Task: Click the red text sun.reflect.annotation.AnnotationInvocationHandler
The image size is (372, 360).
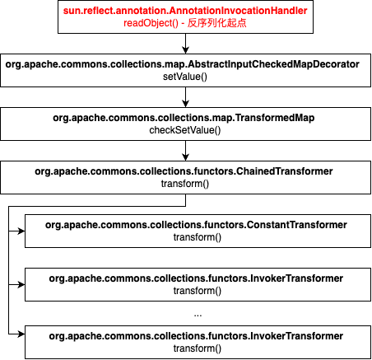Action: pyautogui.click(x=185, y=11)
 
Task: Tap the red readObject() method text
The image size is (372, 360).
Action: pyautogui.click(x=151, y=23)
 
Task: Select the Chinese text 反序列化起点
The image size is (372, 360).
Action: pyautogui.click(x=217, y=23)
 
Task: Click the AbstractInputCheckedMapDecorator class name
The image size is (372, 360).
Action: pyautogui.click(x=182, y=64)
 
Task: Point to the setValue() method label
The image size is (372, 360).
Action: pyautogui.click(x=185, y=77)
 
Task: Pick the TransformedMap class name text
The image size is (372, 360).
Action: pyautogui.click(x=184, y=118)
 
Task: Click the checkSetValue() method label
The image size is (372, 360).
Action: pyautogui.click(x=185, y=130)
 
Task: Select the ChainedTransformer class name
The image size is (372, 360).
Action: pyautogui.click(x=184, y=171)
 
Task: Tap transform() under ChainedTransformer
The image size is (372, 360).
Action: pyautogui.click(x=185, y=184)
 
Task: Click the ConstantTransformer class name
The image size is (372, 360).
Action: pyautogui.click(x=196, y=225)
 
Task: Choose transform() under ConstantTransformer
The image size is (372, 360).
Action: pyautogui.click(x=198, y=237)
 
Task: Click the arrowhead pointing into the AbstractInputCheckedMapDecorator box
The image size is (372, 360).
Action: pyautogui.click(x=186, y=50)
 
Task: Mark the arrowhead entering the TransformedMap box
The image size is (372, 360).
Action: pyautogui.click(x=186, y=104)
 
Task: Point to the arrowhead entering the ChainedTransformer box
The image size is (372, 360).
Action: pyautogui.click(x=186, y=157)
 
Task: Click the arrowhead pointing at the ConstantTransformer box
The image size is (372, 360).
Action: pyautogui.click(x=21, y=231)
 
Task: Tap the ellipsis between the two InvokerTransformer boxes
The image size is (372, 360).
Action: pyautogui.click(x=198, y=316)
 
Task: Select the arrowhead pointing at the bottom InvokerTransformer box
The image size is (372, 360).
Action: pyautogui.click(x=21, y=334)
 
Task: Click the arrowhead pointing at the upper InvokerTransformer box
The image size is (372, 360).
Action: pyautogui.click(x=21, y=284)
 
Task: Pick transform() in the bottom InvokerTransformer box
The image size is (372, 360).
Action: pyautogui.click(x=198, y=348)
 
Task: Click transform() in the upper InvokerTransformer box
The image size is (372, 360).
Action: pyautogui.click(x=198, y=291)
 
